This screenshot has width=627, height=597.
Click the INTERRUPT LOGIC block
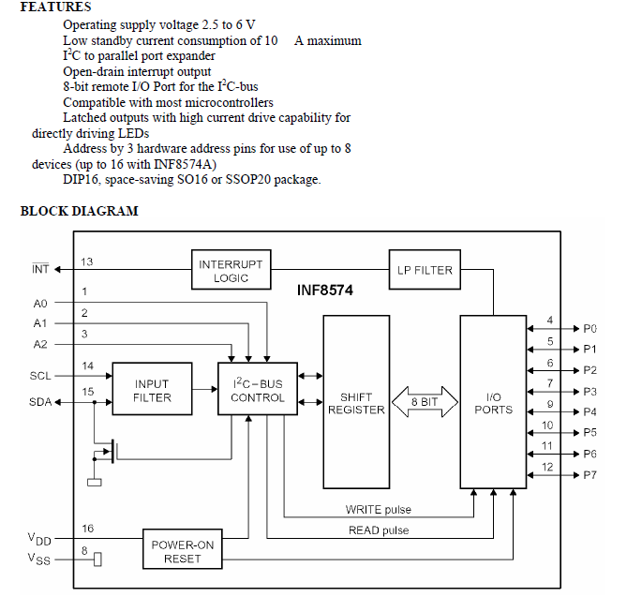point(231,269)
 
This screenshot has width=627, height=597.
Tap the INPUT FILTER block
point(152,391)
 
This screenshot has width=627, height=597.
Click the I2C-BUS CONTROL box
point(258,391)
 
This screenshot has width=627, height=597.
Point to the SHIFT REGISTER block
point(354,403)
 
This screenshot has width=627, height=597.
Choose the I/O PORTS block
point(493,402)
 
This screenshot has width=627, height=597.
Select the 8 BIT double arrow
point(423,403)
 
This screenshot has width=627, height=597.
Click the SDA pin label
point(39,403)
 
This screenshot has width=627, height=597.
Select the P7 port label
point(590,475)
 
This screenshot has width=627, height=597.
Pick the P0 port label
point(590,329)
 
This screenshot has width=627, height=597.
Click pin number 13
point(87,261)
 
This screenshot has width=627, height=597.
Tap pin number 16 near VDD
point(87,530)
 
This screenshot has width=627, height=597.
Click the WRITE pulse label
point(378,510)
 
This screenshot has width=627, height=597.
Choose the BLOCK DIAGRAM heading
point(79,211)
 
